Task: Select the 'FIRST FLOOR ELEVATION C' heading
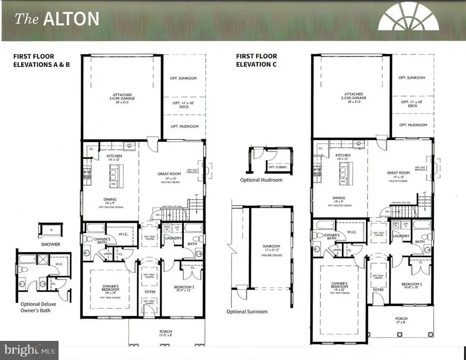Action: (x=256, y=60)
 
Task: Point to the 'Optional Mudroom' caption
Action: (x=261, y=180)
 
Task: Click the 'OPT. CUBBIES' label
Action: (x=278, y=166)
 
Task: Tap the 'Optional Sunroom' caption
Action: (x=247, y=311)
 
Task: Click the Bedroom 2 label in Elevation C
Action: (x=413, y=286)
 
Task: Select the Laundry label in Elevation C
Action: (x=400, y=236)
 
